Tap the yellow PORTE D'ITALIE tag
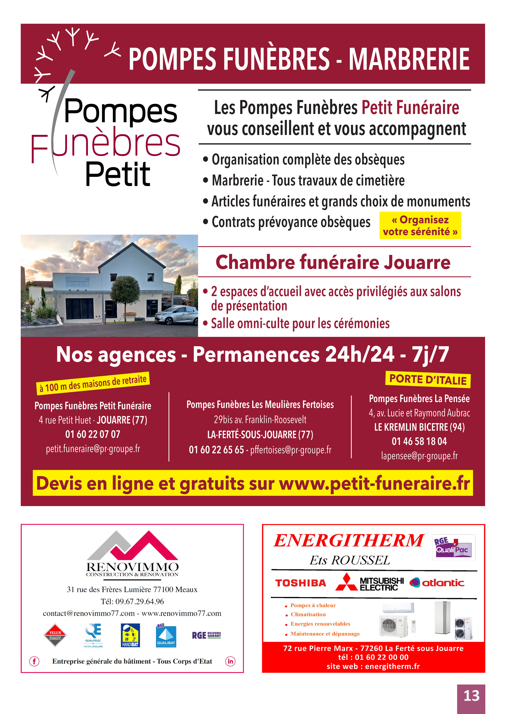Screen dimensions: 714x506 428,380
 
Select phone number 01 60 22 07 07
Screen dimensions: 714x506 93,434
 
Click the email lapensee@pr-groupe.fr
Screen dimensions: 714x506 419,456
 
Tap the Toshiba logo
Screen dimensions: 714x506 300,583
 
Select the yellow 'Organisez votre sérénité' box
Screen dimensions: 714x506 420,225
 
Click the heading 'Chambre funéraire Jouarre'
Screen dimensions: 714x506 333,262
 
